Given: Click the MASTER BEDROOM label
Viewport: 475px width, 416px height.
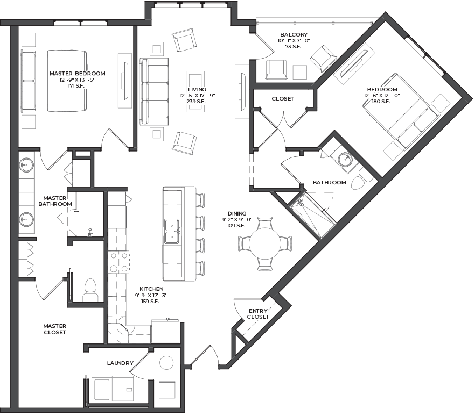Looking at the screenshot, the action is [77, 74].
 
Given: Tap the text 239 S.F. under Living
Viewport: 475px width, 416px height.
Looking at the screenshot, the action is [196, 102].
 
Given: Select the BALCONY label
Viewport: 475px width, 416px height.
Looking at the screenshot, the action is [294, 35].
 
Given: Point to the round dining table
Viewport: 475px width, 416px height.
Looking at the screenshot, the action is [265, 243].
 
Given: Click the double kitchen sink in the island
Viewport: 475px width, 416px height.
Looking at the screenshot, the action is [172, 232].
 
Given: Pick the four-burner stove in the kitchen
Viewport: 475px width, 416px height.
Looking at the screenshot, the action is [118, 262].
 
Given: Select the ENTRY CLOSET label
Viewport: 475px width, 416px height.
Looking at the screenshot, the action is [258, 314].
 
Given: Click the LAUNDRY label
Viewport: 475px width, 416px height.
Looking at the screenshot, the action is [120, 363].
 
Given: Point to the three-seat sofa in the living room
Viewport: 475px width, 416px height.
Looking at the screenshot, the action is [154, 91].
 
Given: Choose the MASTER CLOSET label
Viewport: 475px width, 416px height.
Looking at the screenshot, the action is [54, 329].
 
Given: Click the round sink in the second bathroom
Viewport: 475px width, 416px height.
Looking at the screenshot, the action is [345, 159].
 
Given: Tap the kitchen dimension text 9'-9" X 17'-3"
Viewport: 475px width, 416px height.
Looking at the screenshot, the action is [151, 296].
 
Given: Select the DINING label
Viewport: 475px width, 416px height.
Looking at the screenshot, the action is [237, 213].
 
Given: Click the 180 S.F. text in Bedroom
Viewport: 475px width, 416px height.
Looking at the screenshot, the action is [381, 102].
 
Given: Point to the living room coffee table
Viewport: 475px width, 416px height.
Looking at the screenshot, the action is [195, 91].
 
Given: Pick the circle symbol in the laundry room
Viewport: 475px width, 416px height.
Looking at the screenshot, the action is [166, 363].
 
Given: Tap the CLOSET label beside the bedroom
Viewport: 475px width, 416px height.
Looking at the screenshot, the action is [283, 99].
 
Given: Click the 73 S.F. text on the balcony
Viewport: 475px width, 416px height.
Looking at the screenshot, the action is [293, 47].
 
